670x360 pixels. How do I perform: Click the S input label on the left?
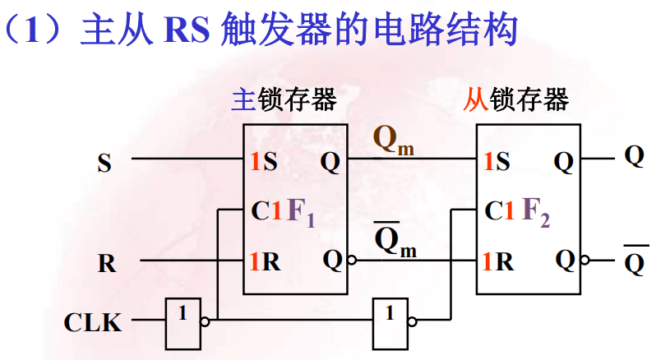104,163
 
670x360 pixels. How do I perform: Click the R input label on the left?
107,265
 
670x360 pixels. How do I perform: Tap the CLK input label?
93,322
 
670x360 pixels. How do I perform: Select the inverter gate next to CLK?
183,321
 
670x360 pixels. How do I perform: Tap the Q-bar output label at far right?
634,262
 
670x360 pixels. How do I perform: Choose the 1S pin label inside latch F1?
264,162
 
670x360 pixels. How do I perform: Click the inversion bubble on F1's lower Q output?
352,261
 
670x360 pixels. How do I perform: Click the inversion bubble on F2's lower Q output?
585,261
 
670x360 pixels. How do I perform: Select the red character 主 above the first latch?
243,100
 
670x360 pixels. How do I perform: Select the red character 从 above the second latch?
475,100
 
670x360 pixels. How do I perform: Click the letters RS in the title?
187,30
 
